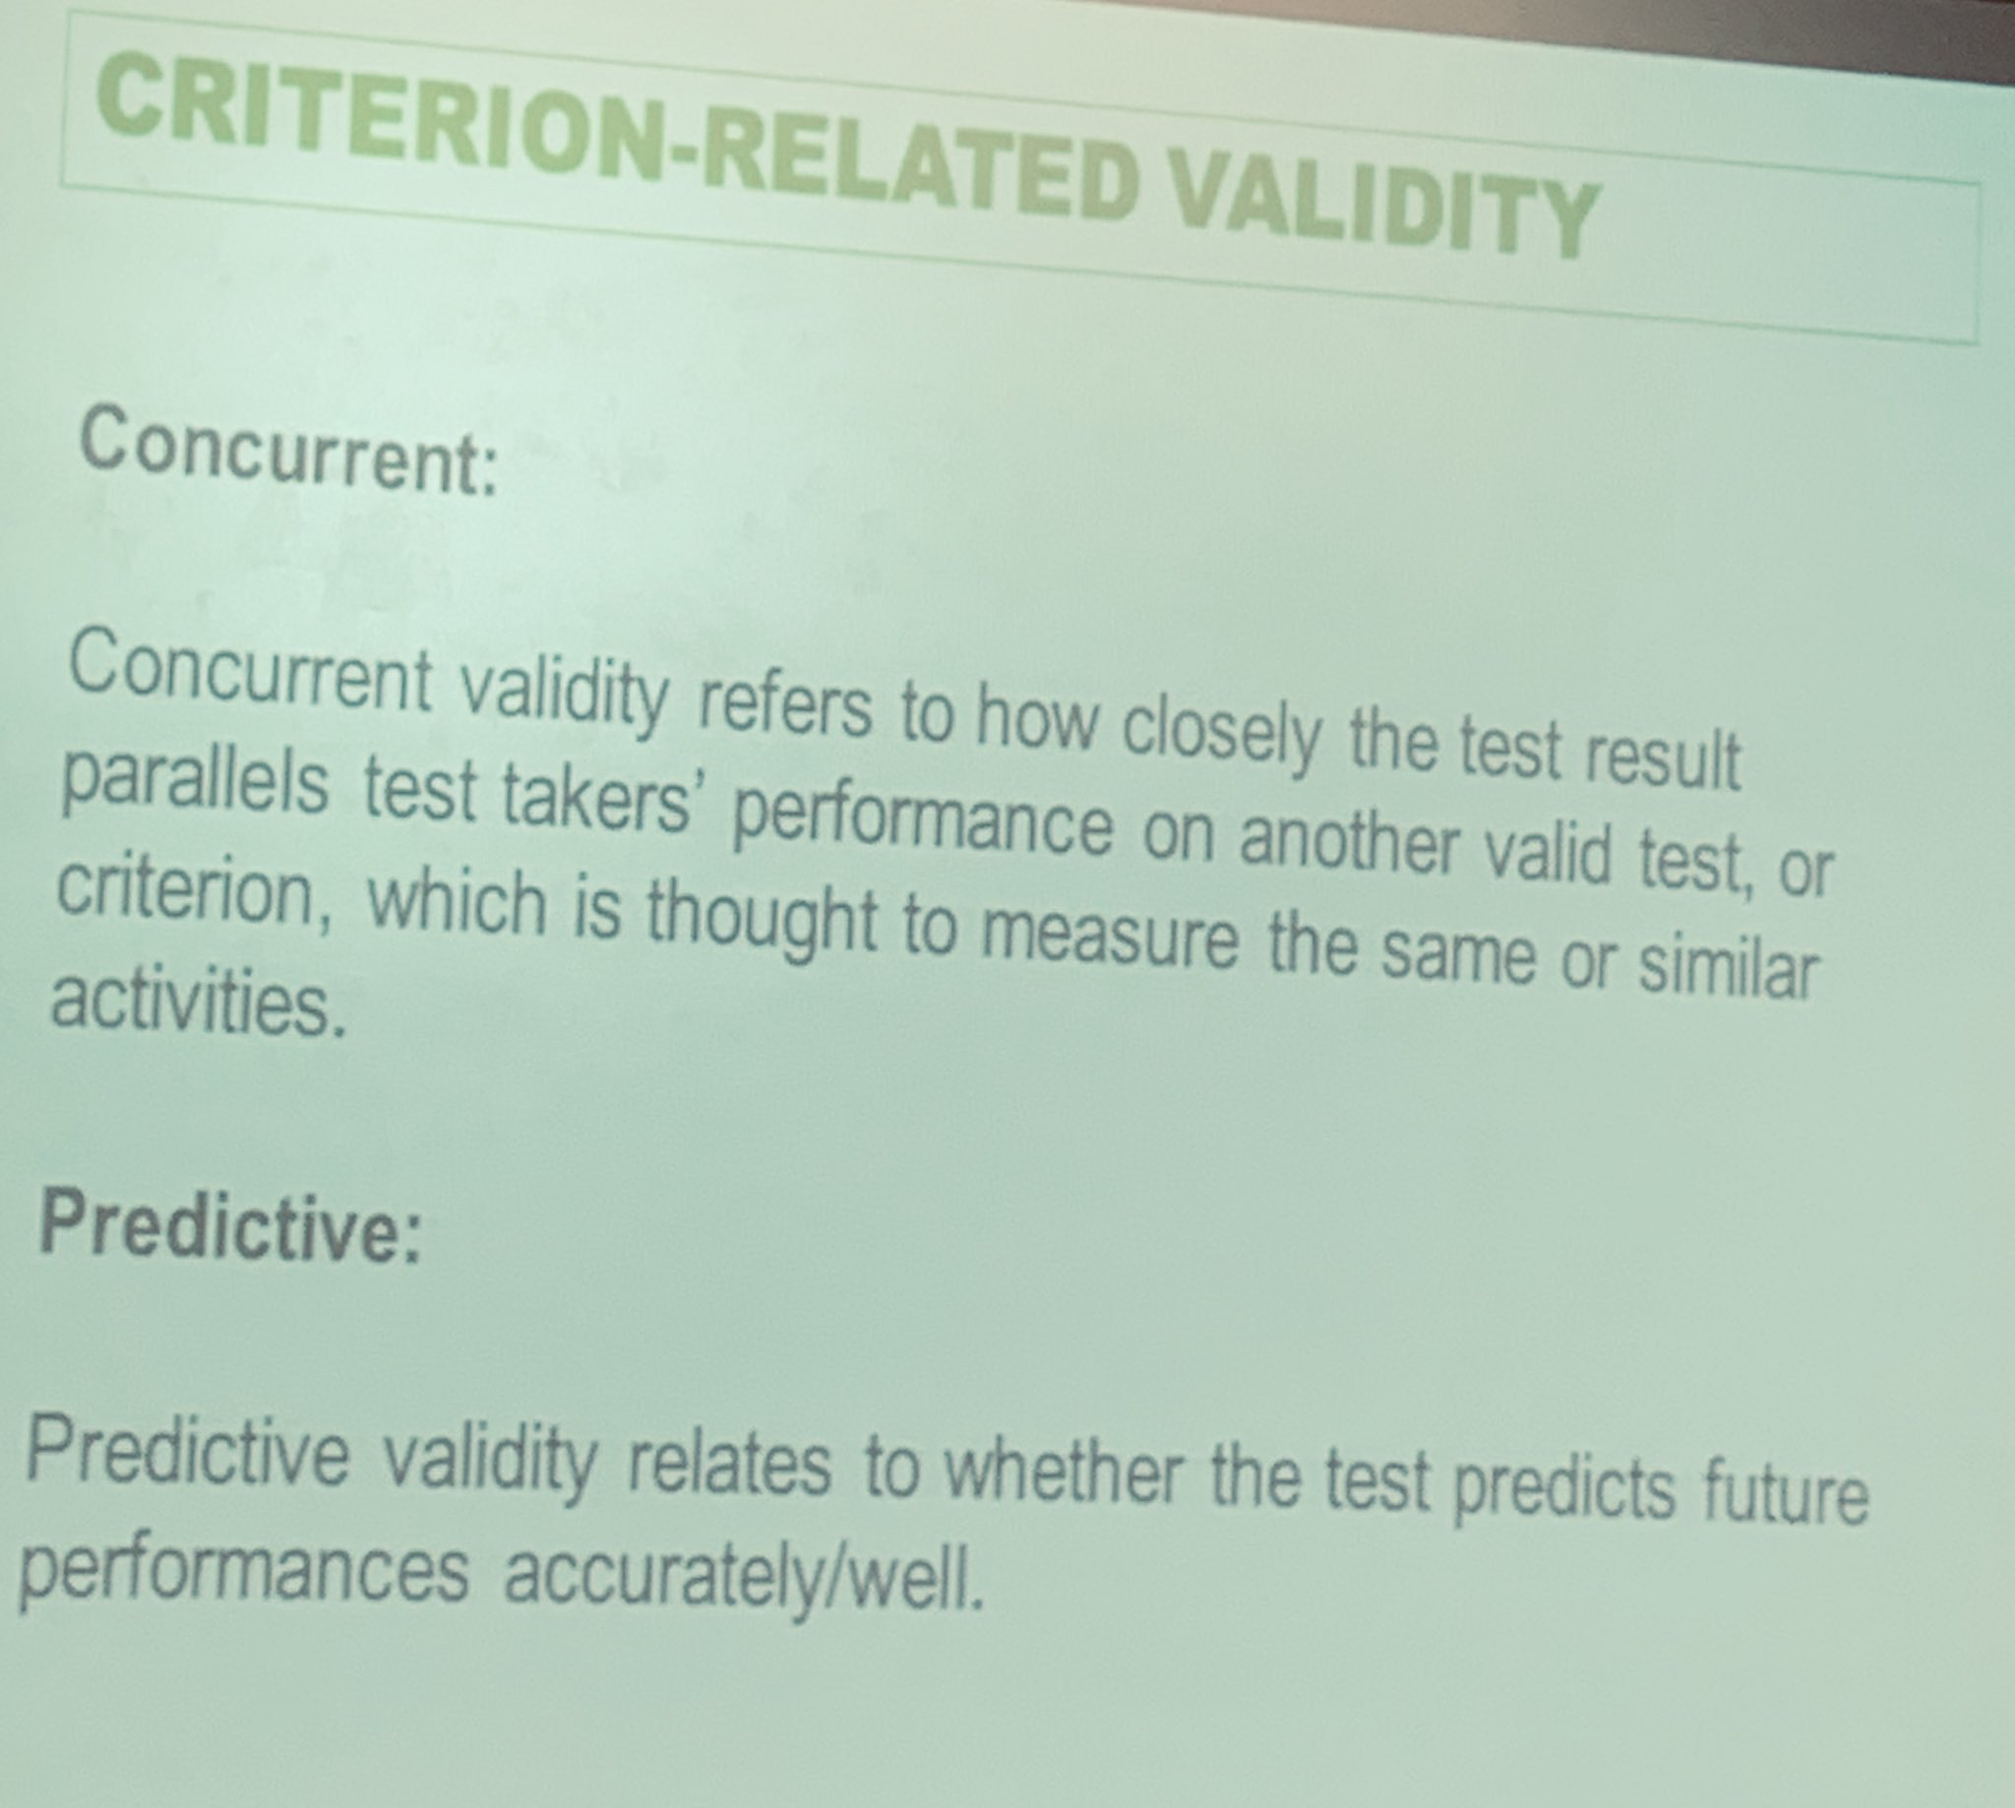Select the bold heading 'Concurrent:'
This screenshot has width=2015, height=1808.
(x=288, y=453)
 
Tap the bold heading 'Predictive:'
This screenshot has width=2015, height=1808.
(x=230, y=1228)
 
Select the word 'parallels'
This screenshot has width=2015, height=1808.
(x=195, y=785)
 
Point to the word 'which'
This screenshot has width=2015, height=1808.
(x=457, y=903)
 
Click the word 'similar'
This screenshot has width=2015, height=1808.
(x=1728, y=968)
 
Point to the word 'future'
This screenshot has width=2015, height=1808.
(x=1784, y=1490)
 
